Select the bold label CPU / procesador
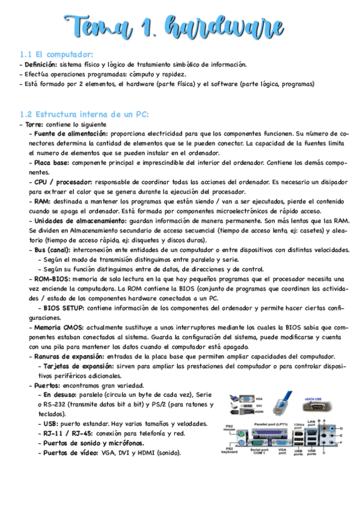(x=60, y=182)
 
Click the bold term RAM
(x=41, y=201)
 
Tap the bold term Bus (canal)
(x=52, y=250)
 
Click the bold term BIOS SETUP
(x=64, y=308)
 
